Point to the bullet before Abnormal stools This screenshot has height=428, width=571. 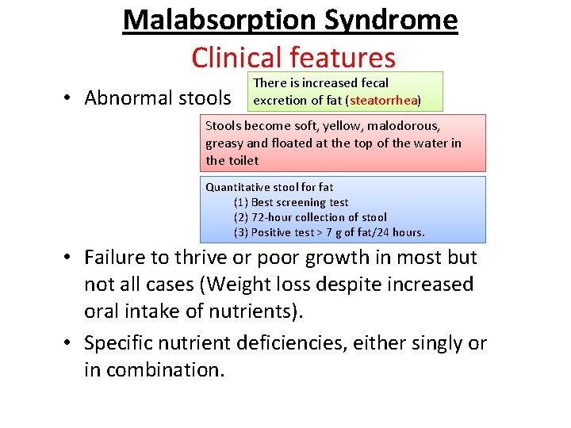[71, 97]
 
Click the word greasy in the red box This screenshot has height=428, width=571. [224, 143]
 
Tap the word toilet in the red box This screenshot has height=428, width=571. [243, 161]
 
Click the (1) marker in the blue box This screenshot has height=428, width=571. [241, 202]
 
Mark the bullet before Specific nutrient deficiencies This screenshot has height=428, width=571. [71, 343]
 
